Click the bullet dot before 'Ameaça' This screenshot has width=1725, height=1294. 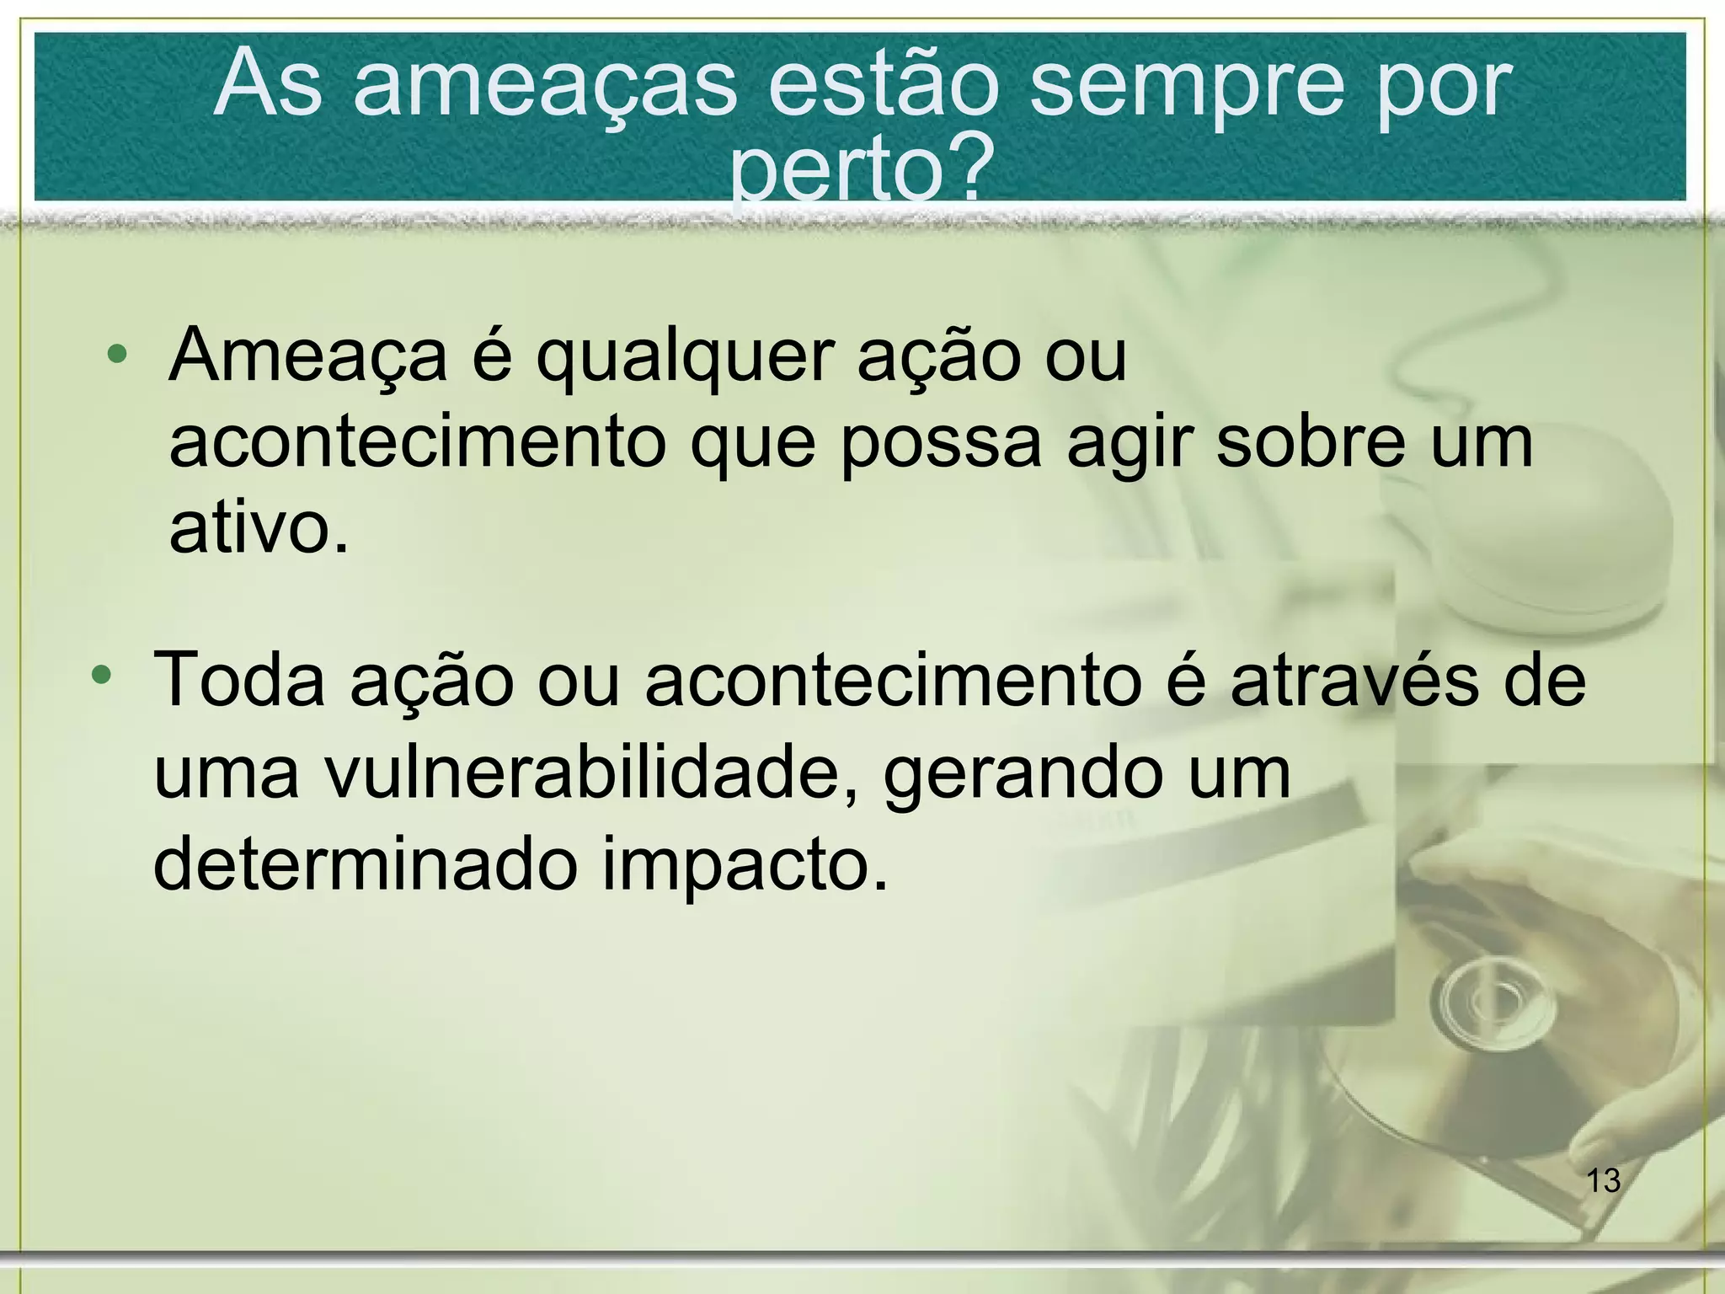[118, 355]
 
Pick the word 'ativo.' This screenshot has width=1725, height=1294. [259, 527]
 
